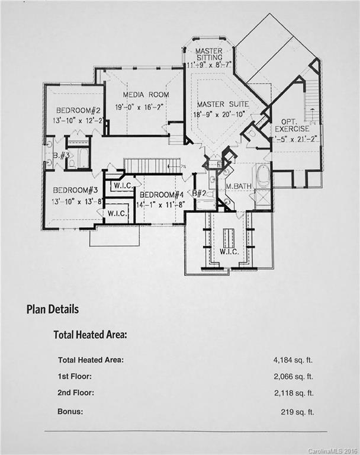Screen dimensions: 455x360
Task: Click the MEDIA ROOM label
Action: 146,95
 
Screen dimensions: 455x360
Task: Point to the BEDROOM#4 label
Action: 160,195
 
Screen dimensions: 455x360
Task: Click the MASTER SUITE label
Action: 223,104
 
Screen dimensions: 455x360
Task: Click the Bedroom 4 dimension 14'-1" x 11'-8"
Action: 160,205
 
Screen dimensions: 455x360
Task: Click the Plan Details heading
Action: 53,309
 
